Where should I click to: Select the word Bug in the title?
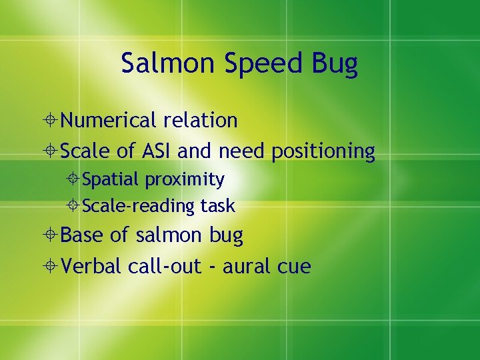[336, 64]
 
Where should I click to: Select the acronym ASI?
[157, 151]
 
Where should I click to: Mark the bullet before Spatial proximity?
[75, 180]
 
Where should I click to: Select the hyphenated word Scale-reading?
[139, 207]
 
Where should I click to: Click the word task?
[217, 207]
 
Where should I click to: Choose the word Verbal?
[91, 267]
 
